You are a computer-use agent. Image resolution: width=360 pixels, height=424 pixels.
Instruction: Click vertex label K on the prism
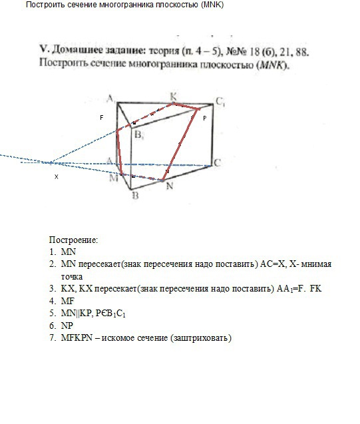pos(173,95)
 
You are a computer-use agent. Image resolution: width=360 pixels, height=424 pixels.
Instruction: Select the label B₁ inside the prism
pos(138,135)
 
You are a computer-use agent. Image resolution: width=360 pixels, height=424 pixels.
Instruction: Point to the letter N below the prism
pos(170,187)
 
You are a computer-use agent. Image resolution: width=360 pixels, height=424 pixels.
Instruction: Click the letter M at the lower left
pos(114,178)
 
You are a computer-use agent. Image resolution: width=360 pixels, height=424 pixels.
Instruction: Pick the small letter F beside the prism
pos(102,117)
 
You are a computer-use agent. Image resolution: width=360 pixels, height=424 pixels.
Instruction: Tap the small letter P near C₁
pos(204,117)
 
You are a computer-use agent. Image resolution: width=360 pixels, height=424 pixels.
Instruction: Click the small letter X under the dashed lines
pos(56,177)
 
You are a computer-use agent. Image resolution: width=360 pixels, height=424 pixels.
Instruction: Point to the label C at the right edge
pos(217,162)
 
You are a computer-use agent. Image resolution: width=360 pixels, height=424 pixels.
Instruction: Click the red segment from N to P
pos(181,143)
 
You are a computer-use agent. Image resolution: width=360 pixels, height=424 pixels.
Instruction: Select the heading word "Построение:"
pos(73,239)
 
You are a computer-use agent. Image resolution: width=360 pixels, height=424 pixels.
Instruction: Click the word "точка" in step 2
pos(72,276)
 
